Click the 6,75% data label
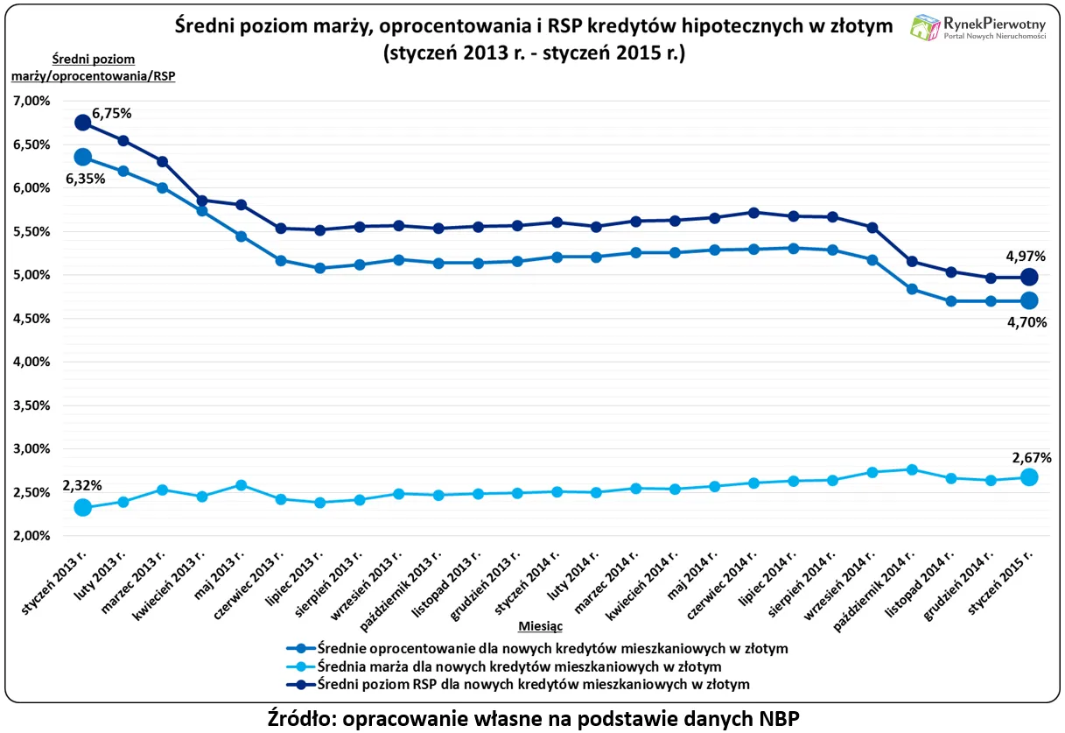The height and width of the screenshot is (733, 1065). click(x=112, y=113)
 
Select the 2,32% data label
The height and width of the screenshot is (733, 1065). click(x=82, y=485)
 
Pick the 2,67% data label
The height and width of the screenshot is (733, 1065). click(x=1031, y=457)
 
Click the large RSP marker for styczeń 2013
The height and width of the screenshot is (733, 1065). click(x=83, y=123)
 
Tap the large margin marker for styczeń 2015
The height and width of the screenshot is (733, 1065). click(x=1029, y=477)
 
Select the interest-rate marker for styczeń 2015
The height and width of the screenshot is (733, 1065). click(x=1029, y=300)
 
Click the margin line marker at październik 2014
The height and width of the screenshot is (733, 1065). click(x=911, y=469)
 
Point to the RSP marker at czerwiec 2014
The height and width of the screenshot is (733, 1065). click(x=753, y=212)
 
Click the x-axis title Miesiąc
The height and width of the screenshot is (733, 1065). click(x=540, y=627)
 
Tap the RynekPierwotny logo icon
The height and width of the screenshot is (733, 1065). click(x=924, y=27)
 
